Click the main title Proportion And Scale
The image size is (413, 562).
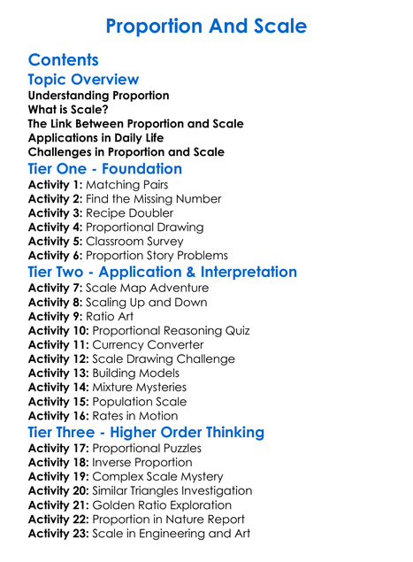(x=206, y=27)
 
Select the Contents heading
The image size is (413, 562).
(x=63, y=60)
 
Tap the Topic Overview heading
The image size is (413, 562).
(x=83, y=80)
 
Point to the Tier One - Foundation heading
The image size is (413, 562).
(x=105, y=168)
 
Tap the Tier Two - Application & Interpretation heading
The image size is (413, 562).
(x=163, y=272)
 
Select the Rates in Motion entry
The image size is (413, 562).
(x=134, y=415)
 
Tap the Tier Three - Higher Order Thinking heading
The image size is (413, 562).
(x=146, y=432)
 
